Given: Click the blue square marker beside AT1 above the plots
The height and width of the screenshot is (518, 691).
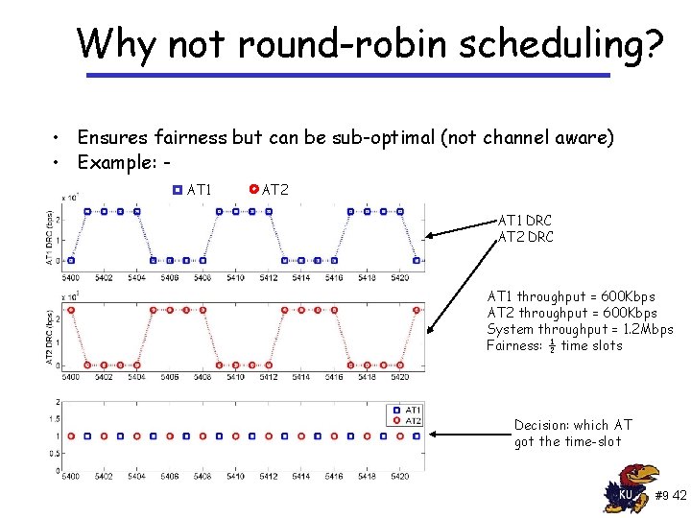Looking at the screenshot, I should [x=177, y=190].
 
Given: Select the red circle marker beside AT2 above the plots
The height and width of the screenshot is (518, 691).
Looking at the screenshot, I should [x=253, y=190].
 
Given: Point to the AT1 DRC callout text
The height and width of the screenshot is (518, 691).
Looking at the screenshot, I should [x=525, y=221].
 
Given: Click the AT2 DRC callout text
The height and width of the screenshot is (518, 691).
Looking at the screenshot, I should [x=525, y=237].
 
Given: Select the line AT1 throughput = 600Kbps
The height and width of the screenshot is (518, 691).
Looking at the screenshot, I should [x=571, y=296].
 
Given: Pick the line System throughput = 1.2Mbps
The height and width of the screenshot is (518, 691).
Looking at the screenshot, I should [x=580, y=329].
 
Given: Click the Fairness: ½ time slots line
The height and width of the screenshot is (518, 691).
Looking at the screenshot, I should [x=554, y=345].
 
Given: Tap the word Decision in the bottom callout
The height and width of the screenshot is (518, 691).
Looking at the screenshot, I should [x=541, y=425].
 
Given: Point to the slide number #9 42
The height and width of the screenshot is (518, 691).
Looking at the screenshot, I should [x=670, y=496].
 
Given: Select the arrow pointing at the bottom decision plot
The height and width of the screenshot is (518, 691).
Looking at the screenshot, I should [x=470, y=434].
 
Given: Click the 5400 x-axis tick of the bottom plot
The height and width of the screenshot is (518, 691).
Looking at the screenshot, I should [x=70, y=475].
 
